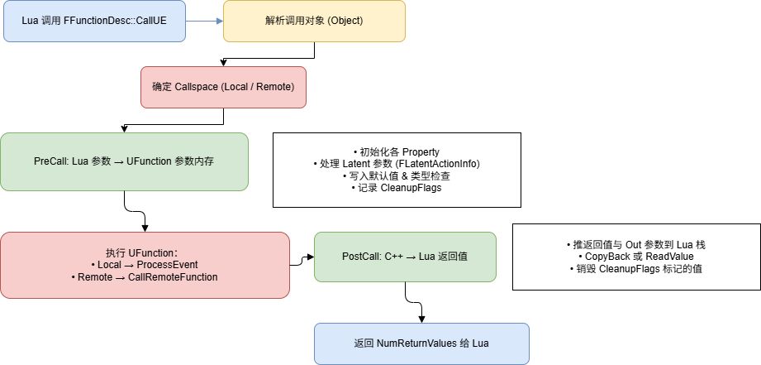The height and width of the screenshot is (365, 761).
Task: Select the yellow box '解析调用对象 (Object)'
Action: (314, 22)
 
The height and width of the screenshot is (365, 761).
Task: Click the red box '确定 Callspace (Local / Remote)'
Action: (223, 87)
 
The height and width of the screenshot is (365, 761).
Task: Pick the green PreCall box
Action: (124, 161)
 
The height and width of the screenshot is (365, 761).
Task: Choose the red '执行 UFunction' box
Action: (145, 265)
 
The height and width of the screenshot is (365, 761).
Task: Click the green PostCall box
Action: (405, 257)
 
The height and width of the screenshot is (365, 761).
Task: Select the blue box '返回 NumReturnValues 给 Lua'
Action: (421, 343)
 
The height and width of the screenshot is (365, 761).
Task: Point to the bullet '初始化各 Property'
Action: (397, 152)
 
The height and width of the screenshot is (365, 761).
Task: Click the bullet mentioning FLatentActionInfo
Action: (397, 164)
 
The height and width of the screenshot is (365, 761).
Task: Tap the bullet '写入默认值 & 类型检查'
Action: (397, 176)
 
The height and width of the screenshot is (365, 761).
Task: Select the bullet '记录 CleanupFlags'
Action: (397, 189)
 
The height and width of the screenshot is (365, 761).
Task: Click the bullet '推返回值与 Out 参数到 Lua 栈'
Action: (636, 245)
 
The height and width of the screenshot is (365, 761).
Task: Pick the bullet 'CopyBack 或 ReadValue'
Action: (636, 257)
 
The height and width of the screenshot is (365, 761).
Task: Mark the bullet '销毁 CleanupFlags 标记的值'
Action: (636, 268)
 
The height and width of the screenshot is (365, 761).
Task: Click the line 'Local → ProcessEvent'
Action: (145, 265)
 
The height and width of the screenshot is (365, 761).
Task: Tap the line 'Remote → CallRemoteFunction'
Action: (145, 277)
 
